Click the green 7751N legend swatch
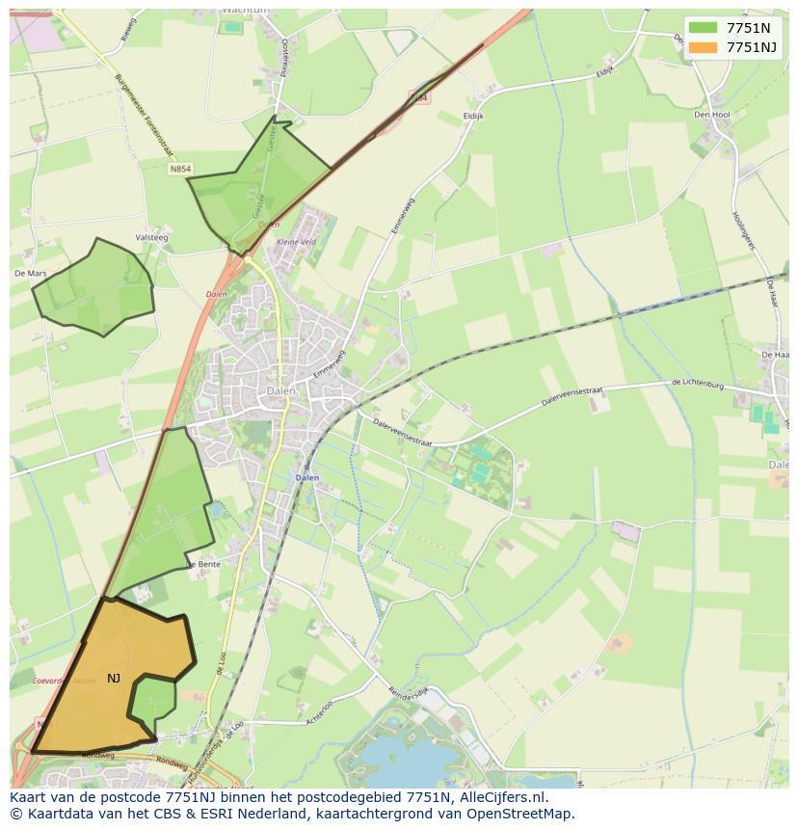pyautogui.click(x=704, y=28)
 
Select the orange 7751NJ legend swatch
pyautogui.click(x=704, y=47)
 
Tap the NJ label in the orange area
pyautogui.click(x=114, y=679)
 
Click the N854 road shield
pyautogui.click(x=179, y=169)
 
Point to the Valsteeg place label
pyautogui.click(x=152, y=237)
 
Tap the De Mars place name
pyautogui.click(x=30, y=274)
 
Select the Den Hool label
pyautogui.click(x=711, y=114)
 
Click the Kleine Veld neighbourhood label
pyautogui.click(x=296, y=242)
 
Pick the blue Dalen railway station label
pyautogui.click(x=306, y=477)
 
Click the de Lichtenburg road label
pyautogui.click(x=696, y=385)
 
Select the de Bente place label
pyautogui.click(x=203, y=563)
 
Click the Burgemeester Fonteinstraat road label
pyautogui.click(x=143, y=116)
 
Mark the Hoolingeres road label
pyautogui.click(x=740, y=231)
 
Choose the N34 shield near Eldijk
pyautogui.click(x=417, y=97)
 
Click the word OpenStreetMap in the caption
pyautogui.click(x=521, y=814)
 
